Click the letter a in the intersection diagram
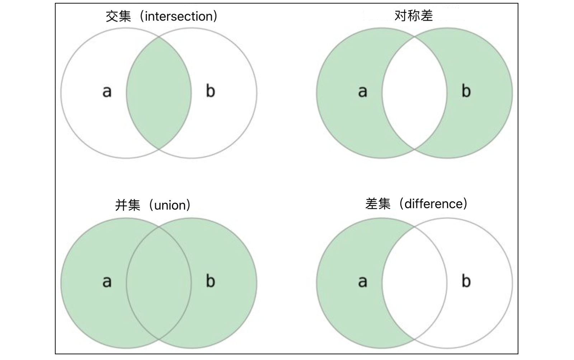tap(107, 92)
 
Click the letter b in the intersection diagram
tap(210, 90)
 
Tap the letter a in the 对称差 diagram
tap(363, 92)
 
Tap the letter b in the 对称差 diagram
tap(466, 90)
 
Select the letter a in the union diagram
tap(107, 282)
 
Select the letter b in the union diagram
tap(210, 281)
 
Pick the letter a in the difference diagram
tap(363, 282)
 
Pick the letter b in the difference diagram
tap(466, 281)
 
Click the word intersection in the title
tap(179, 16)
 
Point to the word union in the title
tap(170, 205)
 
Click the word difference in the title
tap(434, 204)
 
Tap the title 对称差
tap(414, 16)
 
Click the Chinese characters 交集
tap(118, 17)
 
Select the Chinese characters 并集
tap(128, 205)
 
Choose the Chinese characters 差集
tap(378, 204)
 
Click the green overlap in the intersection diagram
tap(159, 93)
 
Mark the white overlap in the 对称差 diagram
tap(414, 93)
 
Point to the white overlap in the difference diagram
tap(414, 283)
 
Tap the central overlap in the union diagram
tap(159, 283)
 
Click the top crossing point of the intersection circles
tap(159, 37)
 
